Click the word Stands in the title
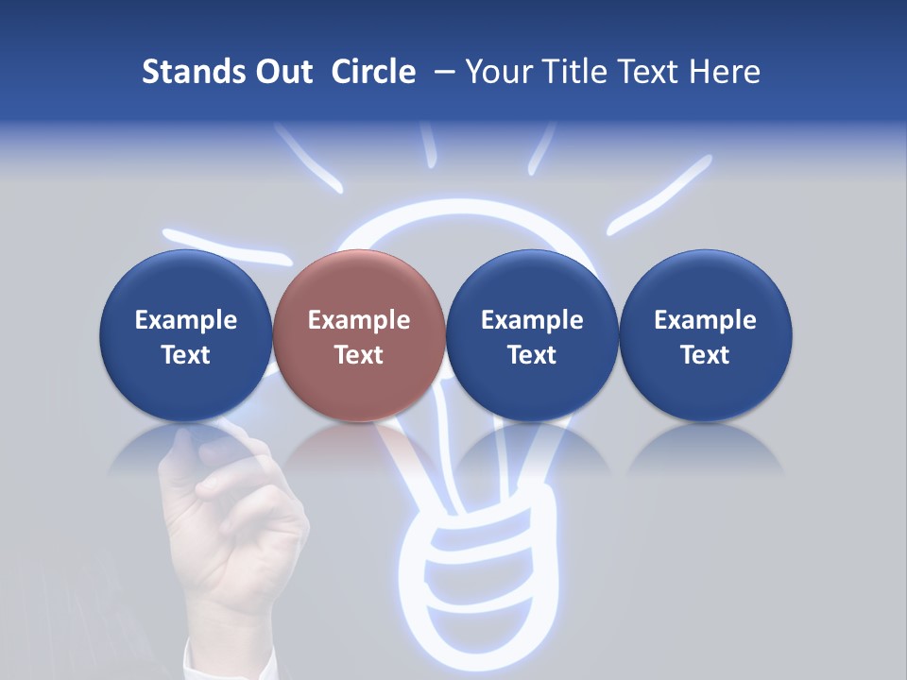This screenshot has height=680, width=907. (x=186, y=72)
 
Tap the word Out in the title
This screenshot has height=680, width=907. (x=281, y=72)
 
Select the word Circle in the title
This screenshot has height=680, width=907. (x=373, y=72)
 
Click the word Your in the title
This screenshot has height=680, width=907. (x=498, y=72)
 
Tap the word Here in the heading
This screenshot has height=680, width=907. (x=725, y=72)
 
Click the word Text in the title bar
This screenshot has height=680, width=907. (x=648, y=72)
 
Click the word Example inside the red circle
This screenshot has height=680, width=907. (x=359, y=320)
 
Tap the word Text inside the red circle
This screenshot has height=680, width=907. (x=359, y=355)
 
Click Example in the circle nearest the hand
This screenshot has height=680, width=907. (x=186, y=320)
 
